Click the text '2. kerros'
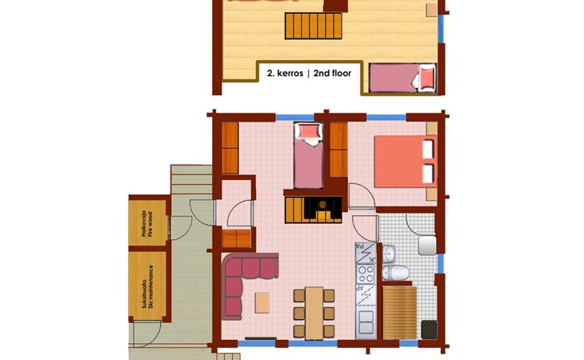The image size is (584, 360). coord(285,74)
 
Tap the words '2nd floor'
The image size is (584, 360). coord(332,74)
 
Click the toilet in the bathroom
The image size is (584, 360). coord(395,273)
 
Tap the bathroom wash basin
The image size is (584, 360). coord(389,253)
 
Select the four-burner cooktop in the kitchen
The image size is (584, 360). coord(366,274)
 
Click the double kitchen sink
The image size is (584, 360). coord(366,322)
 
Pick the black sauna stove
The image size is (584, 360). coord(429,330)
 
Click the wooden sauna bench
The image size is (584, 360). coord(399,312)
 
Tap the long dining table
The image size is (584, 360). coord(314,313)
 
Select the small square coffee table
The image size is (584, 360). coord(262,302)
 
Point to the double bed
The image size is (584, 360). coord(406,162)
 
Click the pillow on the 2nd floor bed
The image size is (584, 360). coord(427,78)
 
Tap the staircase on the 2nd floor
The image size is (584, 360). coord(314,26)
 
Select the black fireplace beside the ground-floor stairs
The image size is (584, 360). coord(322,210)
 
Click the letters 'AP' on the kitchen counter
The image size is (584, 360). coord(359,288)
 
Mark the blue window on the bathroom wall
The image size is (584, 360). coord(441,263)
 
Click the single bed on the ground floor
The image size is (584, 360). coord(308,156)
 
